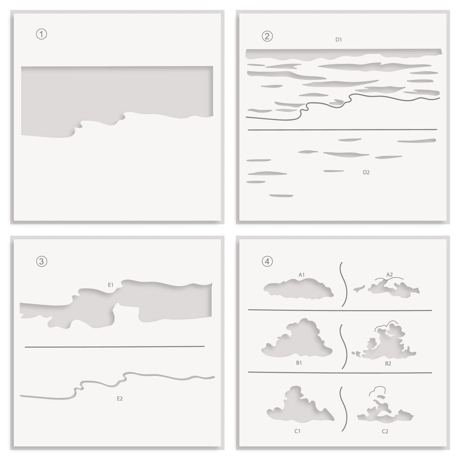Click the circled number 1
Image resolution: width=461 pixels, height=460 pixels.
coord(41,35)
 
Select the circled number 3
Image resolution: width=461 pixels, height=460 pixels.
coord(41,261)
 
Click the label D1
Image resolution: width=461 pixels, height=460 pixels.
coord(338,40)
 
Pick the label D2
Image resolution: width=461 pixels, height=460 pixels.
coord(366,173)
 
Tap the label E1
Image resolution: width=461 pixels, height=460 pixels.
coord(111,284)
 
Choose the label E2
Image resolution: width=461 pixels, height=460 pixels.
coord(120,398)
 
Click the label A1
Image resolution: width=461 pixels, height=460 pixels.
coord(302,275)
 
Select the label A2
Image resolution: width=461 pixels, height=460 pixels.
coord(389,275)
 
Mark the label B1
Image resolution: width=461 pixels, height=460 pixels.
coord(299,363)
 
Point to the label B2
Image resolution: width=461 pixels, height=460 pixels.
coord(388,363)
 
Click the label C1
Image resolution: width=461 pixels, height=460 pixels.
coord(298,431)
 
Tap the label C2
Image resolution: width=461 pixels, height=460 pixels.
coord(385,431)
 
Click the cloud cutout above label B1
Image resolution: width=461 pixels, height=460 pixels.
coord(299,342)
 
